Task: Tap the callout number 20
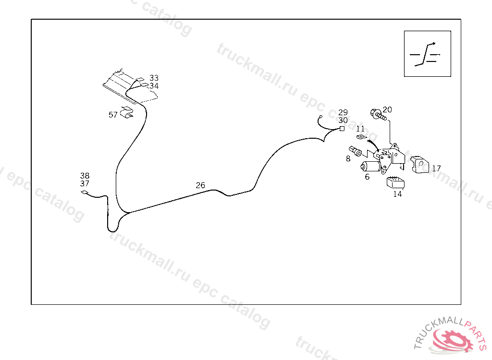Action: pos(387,109)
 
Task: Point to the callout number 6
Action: pos(367,177)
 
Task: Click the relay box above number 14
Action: pos(395,182)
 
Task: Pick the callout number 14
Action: pos(397,194)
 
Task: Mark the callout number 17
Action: pos(436,168)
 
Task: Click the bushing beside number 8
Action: pos(356,151)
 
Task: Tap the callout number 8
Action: pos(348,158)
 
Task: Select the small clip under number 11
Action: pos(362,137)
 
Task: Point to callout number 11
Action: pos(360,129)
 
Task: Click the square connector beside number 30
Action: pos(342,129)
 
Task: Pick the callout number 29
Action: pos(343,112)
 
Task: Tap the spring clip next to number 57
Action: pos(127,113)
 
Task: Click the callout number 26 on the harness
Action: pos(200,185)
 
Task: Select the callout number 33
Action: pos(154,78)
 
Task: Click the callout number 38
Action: pos(85,176)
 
